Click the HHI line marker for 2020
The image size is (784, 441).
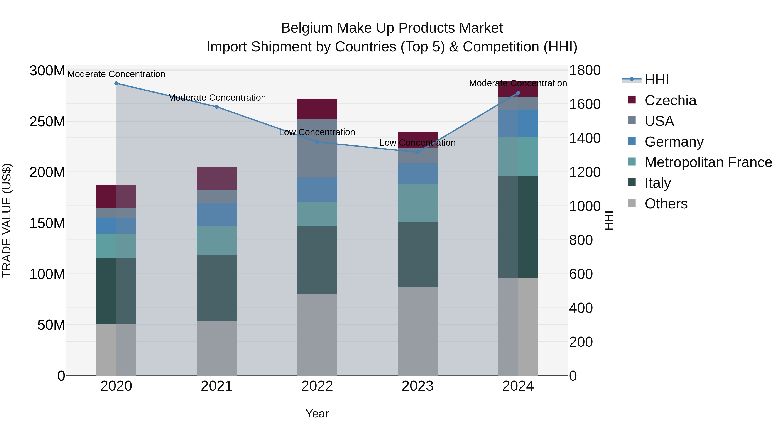coord(116,83)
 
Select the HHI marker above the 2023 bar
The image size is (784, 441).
coord(417,152)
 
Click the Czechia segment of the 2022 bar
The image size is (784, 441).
coord(317,109)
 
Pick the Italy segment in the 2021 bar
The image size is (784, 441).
coord(217,288)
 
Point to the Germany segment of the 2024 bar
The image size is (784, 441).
coord(518,123)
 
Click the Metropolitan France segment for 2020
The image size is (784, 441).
coord(116,246)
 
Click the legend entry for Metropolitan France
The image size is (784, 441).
coord(708,162)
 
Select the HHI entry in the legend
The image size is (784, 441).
coord(656,80)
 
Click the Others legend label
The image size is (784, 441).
coord(666,204)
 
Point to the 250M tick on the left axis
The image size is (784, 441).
coord(47,122)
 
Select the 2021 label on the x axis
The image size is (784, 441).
coord(217,386)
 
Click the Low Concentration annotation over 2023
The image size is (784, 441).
coord(417,143)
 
